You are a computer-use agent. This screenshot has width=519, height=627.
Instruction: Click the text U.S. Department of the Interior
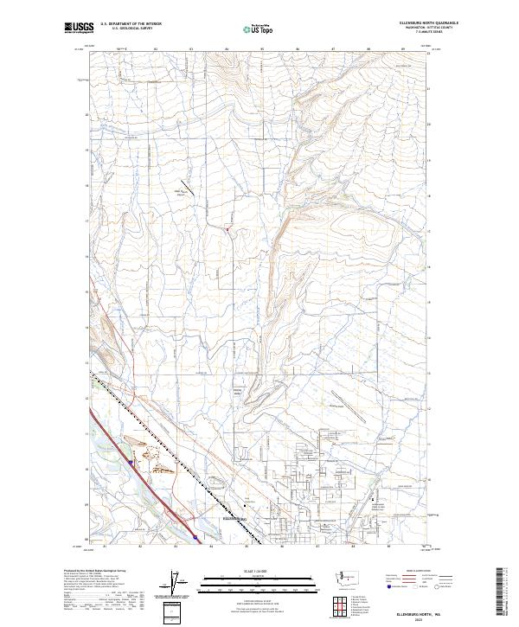131,24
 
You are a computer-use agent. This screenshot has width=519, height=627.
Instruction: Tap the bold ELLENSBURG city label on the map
235,519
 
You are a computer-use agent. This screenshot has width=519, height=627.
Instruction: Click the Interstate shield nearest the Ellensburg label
196,537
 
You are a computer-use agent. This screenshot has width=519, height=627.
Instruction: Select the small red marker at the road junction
227,229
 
